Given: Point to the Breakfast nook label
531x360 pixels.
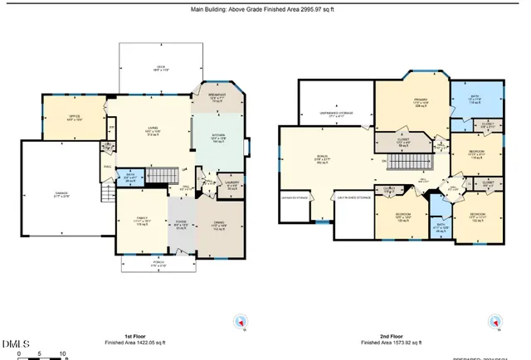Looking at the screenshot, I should (219, 98).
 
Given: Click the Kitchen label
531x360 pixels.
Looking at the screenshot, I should (217, 139).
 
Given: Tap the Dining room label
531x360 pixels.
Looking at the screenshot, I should (219, 225).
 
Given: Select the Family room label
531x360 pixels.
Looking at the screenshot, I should (139, 222).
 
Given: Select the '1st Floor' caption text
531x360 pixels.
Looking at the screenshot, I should (136, 336).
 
